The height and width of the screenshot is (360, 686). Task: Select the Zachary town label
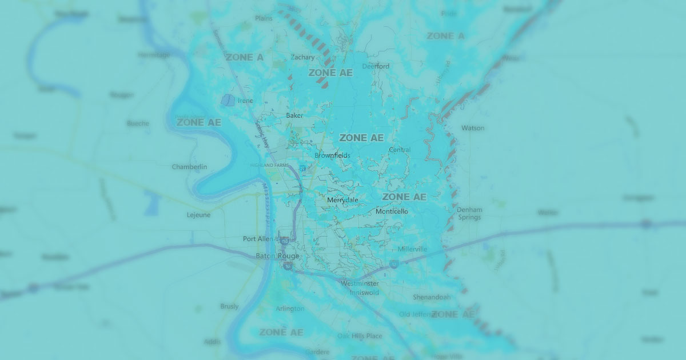[x=302, y=57]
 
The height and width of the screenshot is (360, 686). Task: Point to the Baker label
[x=294, y=115]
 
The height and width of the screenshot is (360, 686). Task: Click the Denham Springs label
[x=469, y=214]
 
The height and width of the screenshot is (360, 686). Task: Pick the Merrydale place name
[x=342, y=200]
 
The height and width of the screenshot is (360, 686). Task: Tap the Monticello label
[x=392, y=211]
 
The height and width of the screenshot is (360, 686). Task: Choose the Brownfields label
[x=332, y=155]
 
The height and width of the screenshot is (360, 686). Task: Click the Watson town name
[x=472, y=128]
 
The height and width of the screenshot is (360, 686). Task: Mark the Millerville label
[x=412, y=249]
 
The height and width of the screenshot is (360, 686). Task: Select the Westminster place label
[x=360, y=283]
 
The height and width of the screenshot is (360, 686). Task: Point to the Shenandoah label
[x=432, y=297]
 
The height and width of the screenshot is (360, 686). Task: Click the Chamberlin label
[x=189, y=167]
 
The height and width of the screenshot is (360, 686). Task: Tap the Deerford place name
[x=376, y=66]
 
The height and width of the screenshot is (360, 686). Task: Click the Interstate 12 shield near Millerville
[x=394, y=264]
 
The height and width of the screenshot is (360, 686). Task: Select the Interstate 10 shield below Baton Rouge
[x=289, y=266]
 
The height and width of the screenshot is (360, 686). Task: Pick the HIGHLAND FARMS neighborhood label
[x=270, y=165]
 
